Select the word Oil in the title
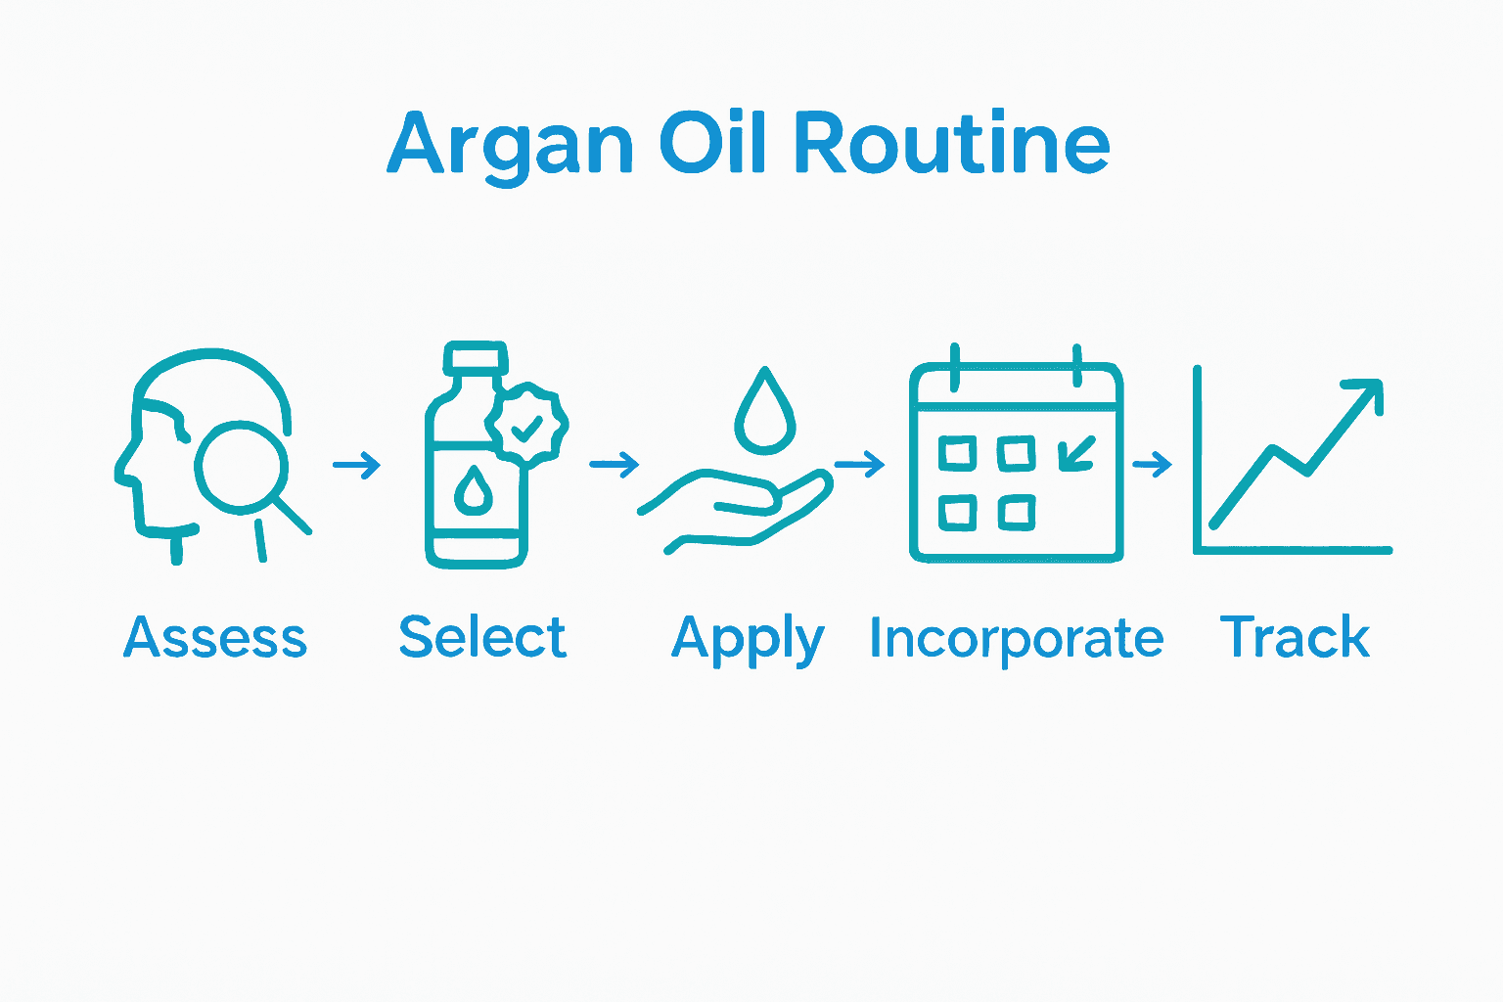click(x=712, y=142)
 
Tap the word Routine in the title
click(x=952, y=142)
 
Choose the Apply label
click(x=748, y=640)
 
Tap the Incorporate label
click(x=1017, y=640)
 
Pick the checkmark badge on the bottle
click(x=526, y=424)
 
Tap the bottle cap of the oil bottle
click(x=476, y=357)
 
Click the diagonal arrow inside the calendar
click(x=1077, y=454)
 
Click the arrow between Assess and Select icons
click(x=357, y=465)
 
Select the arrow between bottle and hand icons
click(x=614, y=464)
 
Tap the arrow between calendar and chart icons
click(x=1152, y=464)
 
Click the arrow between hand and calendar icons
click(x=859, y=464)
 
